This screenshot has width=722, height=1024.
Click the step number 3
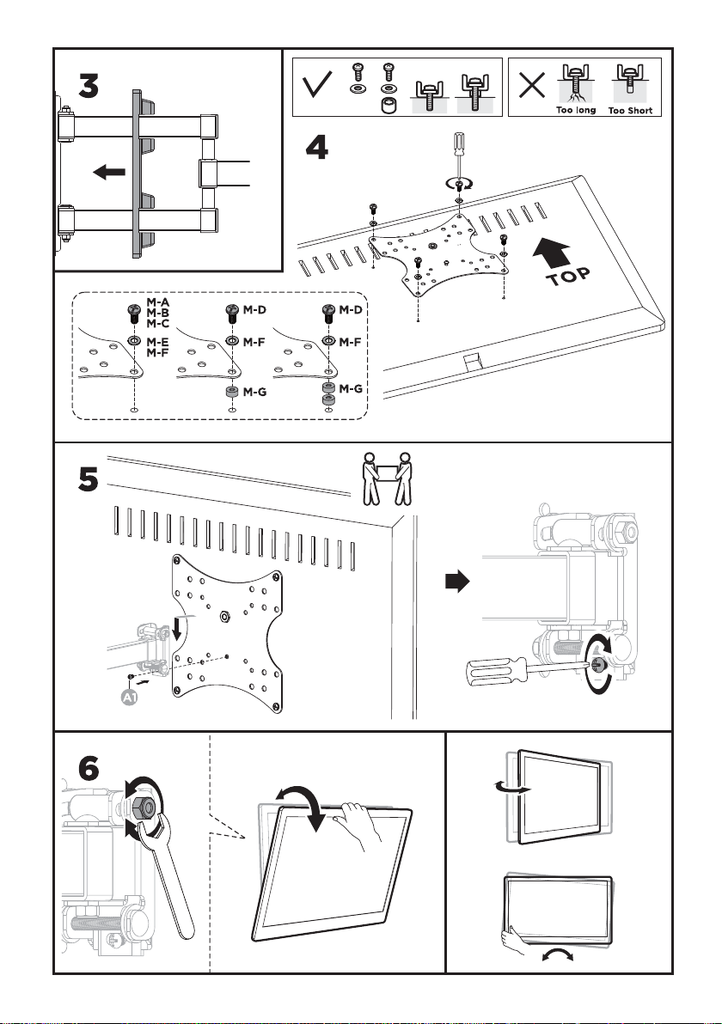click(x=89, y=86)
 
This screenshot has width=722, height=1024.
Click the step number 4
click(x=317, y=149)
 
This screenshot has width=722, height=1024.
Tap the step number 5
click(x=89, y=481)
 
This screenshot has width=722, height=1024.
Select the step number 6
click(x=89, y=768)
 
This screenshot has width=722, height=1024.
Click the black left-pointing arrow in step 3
click(x=109, y=173)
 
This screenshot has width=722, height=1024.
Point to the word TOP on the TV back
click(x=568, y=277)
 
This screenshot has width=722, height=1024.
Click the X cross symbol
click(x=532, y=85)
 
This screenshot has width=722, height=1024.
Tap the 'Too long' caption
click(x=576, y=110)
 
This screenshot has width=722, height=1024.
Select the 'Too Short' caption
click(x=631, y=111)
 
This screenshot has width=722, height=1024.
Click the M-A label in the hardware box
click(x=158, y=302)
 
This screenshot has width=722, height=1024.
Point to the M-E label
click(x=158, y=342)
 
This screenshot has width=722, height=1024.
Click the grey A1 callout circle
click(x=130, y=698)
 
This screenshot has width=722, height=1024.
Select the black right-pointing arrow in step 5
click(x=457, y=582)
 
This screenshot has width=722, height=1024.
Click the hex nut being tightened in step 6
click(x=144, y=808)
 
